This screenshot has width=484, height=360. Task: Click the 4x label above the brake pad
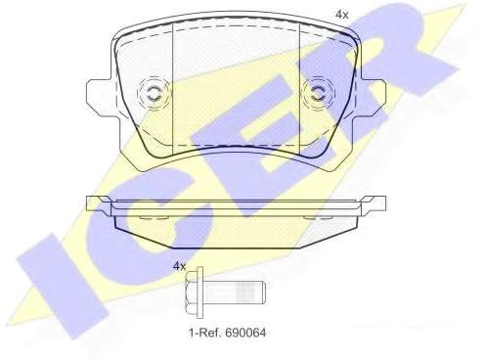(342, 15)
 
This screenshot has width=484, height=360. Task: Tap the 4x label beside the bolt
(179, 266)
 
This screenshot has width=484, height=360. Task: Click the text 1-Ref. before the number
(205, 333)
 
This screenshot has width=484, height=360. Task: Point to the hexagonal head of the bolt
(191, 292)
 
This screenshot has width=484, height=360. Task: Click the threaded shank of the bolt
(235, 292)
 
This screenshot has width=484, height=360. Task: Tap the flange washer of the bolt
(199, 292)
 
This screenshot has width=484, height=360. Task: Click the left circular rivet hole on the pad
(153, 93)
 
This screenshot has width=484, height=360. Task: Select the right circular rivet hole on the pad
(318, 93)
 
